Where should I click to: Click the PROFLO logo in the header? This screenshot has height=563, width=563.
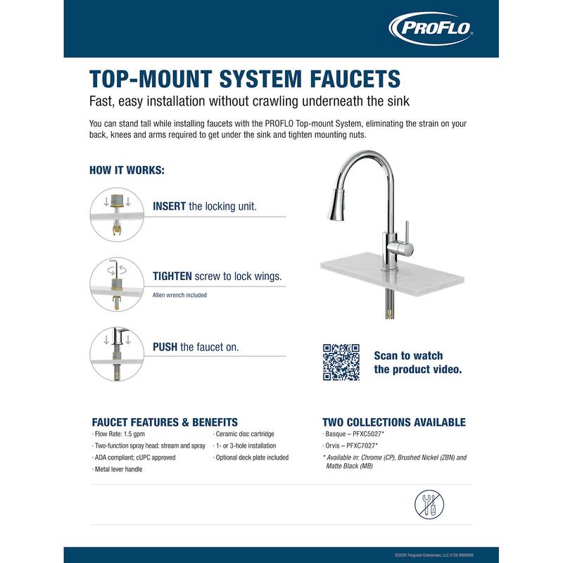click(431, 29)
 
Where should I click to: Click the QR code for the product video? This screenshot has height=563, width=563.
click(341, 362)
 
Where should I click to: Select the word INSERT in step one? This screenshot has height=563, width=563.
click(169, 206)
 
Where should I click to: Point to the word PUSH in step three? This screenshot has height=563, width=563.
click(165, 347)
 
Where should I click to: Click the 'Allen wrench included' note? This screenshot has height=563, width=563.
click(179, 295)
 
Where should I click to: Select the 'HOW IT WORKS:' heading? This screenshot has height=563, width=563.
click(127, 170)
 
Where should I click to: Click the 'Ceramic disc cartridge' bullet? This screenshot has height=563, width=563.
click(244, 434)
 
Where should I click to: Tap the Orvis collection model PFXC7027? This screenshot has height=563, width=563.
click(362, 445)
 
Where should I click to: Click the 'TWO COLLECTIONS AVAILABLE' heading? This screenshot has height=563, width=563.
click(393, 422)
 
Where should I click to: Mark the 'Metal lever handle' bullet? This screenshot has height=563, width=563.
click(118, 469)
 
